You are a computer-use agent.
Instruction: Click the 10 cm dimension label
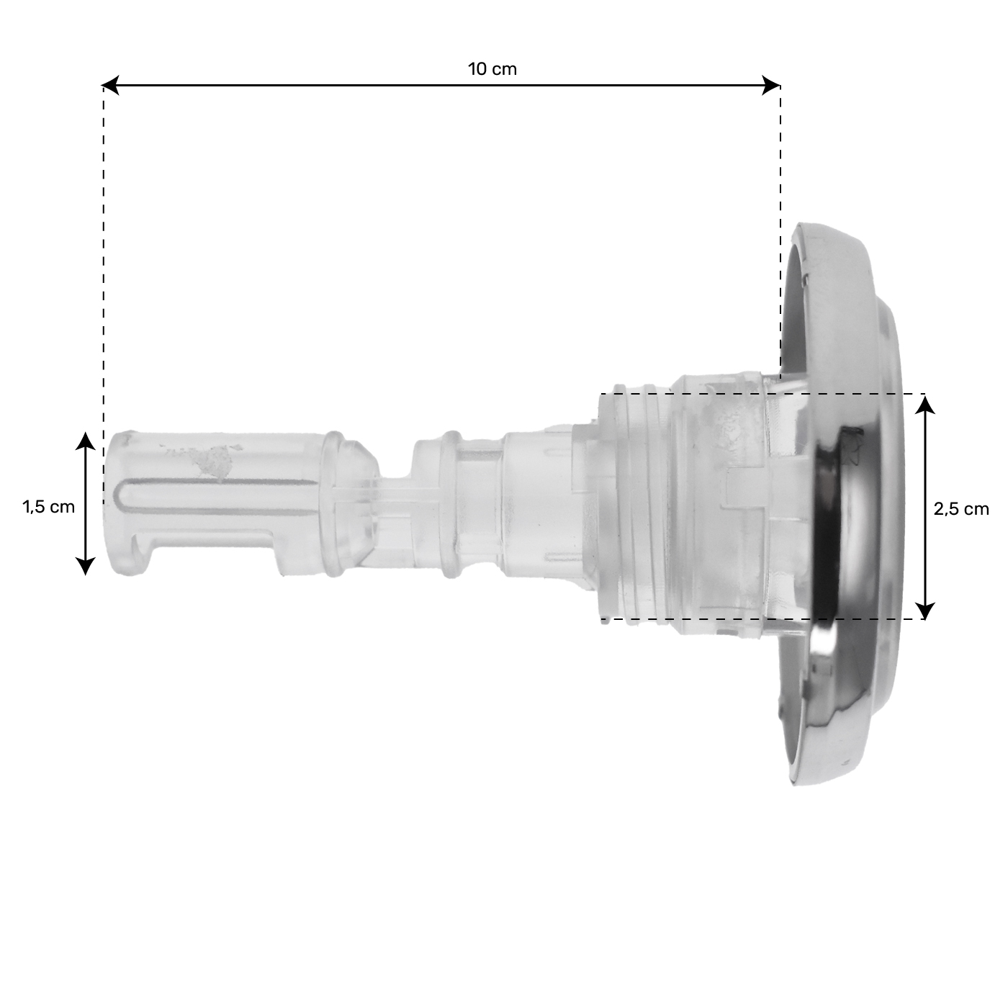click(x=492, y=69)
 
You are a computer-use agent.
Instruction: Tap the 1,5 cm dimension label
click(x=49, y=507)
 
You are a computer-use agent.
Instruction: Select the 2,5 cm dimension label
click(x=961, y=509)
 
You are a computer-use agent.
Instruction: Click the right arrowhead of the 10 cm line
click(x=771, y=85)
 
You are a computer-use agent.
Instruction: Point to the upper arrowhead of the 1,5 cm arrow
click(x=85, y=441)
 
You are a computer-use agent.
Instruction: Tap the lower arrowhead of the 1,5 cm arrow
click(x=85, y=567)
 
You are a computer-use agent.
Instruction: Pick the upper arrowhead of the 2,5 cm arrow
click(x=925, y=405)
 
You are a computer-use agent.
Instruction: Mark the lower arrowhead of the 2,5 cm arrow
click(x=925, y=610)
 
